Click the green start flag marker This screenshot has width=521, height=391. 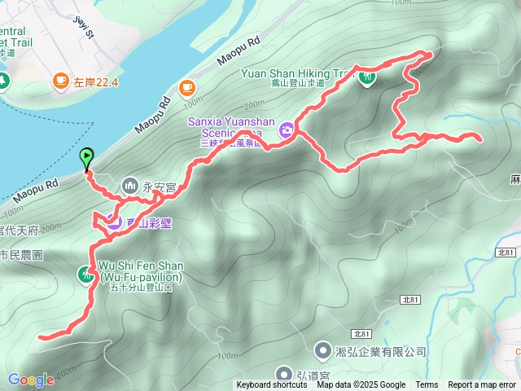[x=86, y=157]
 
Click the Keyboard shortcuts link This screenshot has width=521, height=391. [x=272, y=385]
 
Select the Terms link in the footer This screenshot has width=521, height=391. [x=427, y=385]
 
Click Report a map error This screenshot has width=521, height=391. [x=482, y=385]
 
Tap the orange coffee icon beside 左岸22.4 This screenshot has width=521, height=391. [x=60, y=80]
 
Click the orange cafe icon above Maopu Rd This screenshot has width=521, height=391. [x=187, y=86]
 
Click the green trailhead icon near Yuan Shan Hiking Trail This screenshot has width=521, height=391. [x=366, y=77]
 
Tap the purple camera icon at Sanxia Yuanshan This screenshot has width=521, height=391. [x=287, y=130]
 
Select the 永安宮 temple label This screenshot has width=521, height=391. [x=160, y=187]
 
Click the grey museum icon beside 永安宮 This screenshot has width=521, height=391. [x=130, y=187]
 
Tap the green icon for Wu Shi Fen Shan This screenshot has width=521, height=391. [x=86, y=275]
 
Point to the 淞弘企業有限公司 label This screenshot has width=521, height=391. [x=379, y=352]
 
